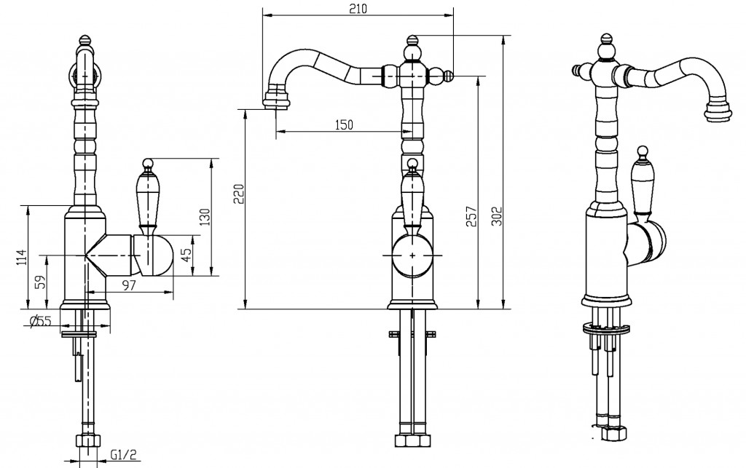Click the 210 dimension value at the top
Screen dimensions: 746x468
click(x=358, y=9)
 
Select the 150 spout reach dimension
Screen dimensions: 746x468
click(x=344, y=125)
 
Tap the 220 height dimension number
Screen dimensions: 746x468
click(x=239, y=194)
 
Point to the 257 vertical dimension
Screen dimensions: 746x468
click(x=471, y=216)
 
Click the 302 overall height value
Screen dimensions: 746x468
click(x=497, y=216)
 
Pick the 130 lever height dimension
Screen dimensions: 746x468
click(x=205, y=218)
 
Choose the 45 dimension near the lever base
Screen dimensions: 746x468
click(x=187, y=255)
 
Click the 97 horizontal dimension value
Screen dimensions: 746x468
click(x=129, y=285)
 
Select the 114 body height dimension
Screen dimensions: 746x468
click(x=22, y=258)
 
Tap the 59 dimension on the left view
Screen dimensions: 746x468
click(x=42, y=282)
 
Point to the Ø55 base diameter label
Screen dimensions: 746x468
click(x=40, y=321)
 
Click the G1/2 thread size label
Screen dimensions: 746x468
click(x=124, y=455)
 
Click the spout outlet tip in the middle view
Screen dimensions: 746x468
click(x=276, y=101)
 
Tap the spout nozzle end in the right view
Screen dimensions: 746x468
click(x=717, y=110)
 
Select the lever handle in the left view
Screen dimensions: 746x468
click(x=146, y=195)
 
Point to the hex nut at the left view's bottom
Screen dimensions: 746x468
click(x=87, y=440)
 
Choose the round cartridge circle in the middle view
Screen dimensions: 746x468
click(x=412, y=255)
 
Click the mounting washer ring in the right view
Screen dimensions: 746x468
click(x=607, y=328)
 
